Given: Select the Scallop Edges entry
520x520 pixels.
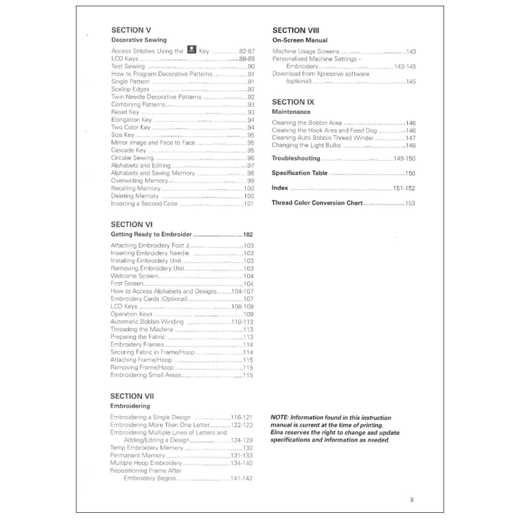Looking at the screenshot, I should pos(130,89).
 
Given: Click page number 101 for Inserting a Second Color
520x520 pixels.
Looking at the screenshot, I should pos(249,204).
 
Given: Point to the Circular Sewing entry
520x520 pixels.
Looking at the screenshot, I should pos(133,158).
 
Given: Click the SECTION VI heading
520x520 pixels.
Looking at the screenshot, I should pos(132,225).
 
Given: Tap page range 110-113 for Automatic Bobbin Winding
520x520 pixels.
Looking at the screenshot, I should pos(242,322).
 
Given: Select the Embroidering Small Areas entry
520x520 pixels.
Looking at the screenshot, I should pos(146,375).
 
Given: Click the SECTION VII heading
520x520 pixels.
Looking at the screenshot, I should pos(132,396).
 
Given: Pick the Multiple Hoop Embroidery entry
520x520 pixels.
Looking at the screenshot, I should pos(146,463).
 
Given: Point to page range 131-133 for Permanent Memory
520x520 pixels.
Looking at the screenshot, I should pos(241,456).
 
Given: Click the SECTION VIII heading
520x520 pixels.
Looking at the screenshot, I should pos(296,31).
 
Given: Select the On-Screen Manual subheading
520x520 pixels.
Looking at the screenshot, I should pos(300,40).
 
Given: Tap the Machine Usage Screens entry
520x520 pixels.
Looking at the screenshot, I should pos(306,51).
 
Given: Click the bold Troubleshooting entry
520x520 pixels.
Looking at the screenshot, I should pos(296,159).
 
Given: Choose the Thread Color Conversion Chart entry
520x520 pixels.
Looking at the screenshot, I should pos(317,203).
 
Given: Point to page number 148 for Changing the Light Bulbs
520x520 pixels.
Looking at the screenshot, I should pos(410,146).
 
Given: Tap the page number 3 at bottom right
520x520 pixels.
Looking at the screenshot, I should pos(411,500).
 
